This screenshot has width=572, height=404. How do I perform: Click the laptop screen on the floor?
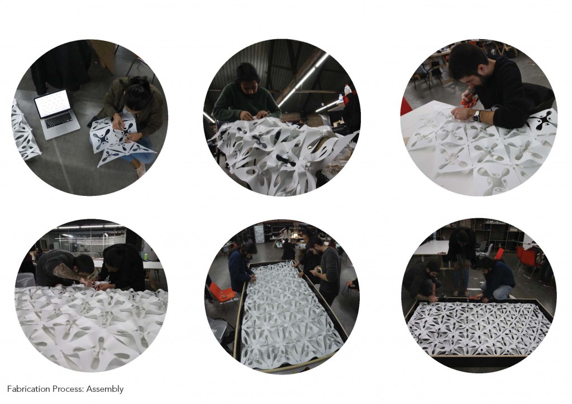53,104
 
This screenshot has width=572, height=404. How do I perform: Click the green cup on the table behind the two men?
144,257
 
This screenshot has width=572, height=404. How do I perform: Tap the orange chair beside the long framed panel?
222,293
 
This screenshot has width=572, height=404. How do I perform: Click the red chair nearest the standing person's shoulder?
499,253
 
